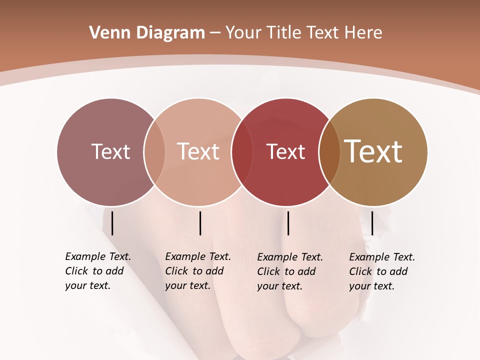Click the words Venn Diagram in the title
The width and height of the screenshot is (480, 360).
coord(147,33)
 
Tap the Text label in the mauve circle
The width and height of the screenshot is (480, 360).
coord(110,151)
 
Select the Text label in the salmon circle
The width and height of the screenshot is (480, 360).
coord(198,151)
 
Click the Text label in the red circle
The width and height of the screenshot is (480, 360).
coord(285,151)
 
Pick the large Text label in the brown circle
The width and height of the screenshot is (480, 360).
coord(373,151)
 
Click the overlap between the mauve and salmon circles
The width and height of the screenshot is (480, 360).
coord(154,152)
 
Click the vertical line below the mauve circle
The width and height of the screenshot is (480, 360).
coord(112,223)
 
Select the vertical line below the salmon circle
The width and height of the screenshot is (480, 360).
coord(200,223)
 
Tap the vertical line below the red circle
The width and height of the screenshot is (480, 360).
coord(288,223)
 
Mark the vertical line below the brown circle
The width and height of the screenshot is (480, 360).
coord(372,223)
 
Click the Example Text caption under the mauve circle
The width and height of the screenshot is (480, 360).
coord(97,271)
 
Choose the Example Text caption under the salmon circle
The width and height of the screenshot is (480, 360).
coord(197,271)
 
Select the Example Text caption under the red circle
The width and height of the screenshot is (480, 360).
coord(289,271)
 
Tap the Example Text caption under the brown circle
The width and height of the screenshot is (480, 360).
coord(381,271)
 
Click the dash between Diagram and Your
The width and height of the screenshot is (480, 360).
coord(215,33)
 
